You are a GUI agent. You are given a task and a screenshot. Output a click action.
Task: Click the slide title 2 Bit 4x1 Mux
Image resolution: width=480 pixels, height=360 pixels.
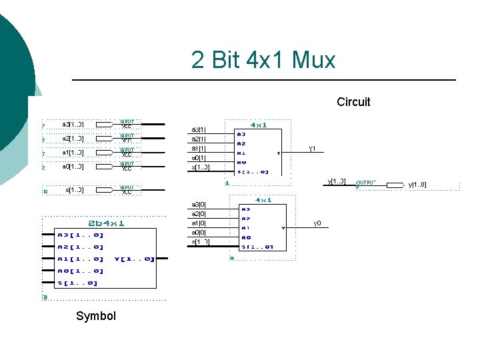pyautogui.click(x=263, y=61)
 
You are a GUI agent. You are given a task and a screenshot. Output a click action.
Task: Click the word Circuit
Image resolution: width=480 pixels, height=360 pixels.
pyautogui.click(x=353, y=102)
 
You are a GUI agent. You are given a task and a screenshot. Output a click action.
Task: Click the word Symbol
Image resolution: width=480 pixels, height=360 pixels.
pyautogui.click(x=96, y=316)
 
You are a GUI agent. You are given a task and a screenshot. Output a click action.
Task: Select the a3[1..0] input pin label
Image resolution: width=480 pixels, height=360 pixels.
pyautogui.click(x=73, y=125)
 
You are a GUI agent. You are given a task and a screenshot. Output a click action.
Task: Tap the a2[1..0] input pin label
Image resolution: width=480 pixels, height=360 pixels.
pyautogui.click(x=73, y=139)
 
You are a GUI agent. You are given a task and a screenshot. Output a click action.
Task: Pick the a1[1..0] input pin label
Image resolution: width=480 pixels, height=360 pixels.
pyautogui.click(x=73, y=153)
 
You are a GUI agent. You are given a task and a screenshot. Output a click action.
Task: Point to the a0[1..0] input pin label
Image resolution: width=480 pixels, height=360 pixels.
pyautogui.click(x=73, y=167)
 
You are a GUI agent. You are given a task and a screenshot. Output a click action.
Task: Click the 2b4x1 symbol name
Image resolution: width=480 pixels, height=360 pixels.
pyautogui.click(x=106, y=223)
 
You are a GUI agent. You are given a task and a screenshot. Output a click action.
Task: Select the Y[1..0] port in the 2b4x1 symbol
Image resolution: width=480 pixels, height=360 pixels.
pyautogui.click(x=135, y=259)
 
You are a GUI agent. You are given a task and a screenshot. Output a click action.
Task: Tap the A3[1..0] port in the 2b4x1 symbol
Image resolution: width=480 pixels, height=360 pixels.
pyautogui.click(x=81, y=235)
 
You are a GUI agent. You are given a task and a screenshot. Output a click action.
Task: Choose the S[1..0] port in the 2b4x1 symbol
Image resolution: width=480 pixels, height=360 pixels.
pyautogui.click(x=77, y=283)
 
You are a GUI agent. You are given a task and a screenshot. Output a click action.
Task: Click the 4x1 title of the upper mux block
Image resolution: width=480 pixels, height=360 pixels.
pyautogui.click(x=259, y=125)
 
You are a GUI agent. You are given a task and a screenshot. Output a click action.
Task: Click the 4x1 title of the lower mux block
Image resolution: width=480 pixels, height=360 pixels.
pyautogui.click(x=263, y=199)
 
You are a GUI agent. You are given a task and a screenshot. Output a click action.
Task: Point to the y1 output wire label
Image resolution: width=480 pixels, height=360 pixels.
pyautogui.click(x=312, y=148)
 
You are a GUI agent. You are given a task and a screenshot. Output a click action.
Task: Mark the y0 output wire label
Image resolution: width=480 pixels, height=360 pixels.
pyautogui.click(x=317, y=223)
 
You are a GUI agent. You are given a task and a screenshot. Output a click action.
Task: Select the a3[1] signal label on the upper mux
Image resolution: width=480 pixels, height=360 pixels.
pyautogui.click(x=199, y=129)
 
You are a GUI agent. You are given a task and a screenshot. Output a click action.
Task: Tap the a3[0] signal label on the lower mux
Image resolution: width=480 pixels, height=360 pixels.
pyautogui.click(x=199, y=205)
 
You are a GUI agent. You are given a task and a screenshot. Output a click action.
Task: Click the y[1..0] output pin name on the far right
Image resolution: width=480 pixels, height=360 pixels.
pyautogui.click(x=417, y=185)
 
